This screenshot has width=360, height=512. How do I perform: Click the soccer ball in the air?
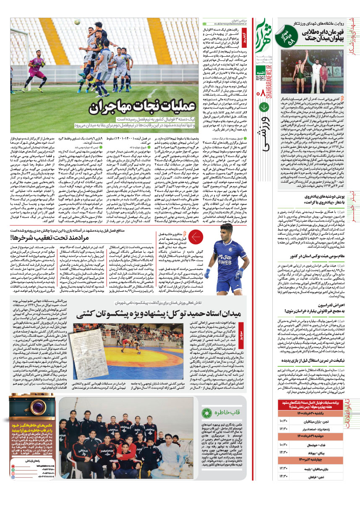click(77, 22)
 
